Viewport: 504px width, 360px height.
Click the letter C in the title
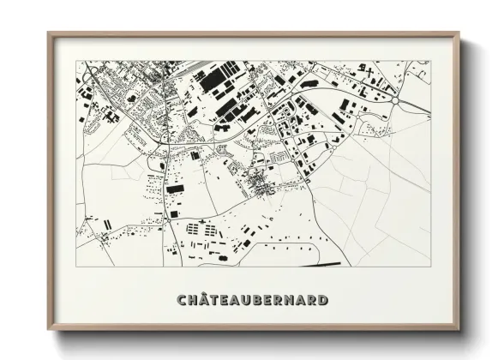[182, 300]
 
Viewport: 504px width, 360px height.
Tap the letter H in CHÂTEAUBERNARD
[194, 300]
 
